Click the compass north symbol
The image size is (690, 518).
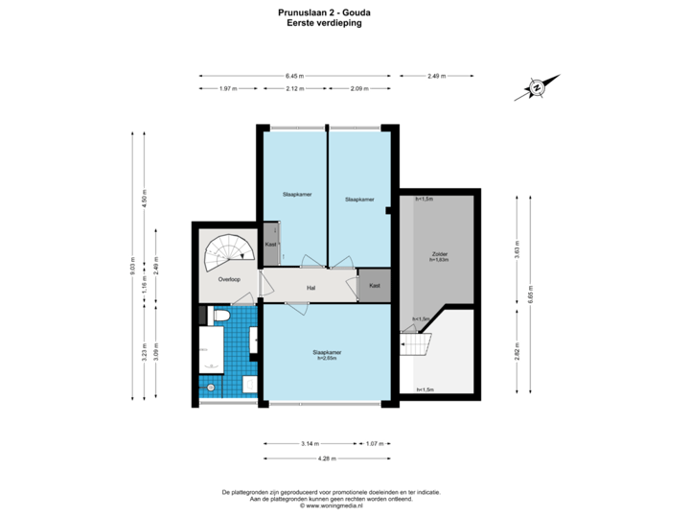point(538,87)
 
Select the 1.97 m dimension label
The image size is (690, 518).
point(228,88)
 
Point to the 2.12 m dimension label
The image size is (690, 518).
point(294,88)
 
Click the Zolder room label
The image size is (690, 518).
point(440,255)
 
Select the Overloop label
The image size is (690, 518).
point(228,281)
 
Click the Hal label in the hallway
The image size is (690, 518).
point(310,287)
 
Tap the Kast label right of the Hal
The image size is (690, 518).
point(374,285)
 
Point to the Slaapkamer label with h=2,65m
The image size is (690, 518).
point(327,354)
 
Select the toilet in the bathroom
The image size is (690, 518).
point(220,316)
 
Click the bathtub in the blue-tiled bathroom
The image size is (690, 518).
point(212,349)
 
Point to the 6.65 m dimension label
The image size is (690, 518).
point(530,290)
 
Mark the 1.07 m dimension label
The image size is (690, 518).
point(375,443)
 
